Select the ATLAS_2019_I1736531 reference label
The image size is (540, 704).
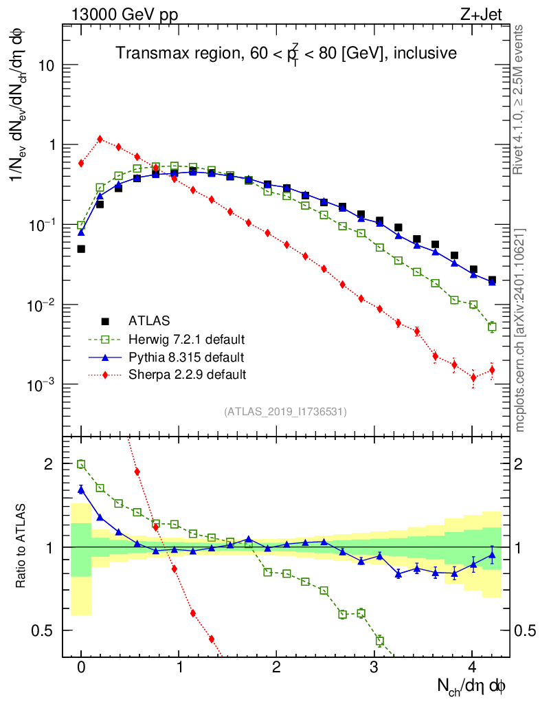[x=285, y=412]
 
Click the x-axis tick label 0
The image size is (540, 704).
[x=81, y=668]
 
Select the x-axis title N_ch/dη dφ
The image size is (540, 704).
[x=472, y=685]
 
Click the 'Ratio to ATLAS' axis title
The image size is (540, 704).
[x=22, y=547]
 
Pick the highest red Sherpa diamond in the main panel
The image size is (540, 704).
[x=100, y=139]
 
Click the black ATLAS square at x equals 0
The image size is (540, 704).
[x=81, y=249]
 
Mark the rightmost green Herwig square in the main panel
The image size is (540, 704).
[x=492, y=327]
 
